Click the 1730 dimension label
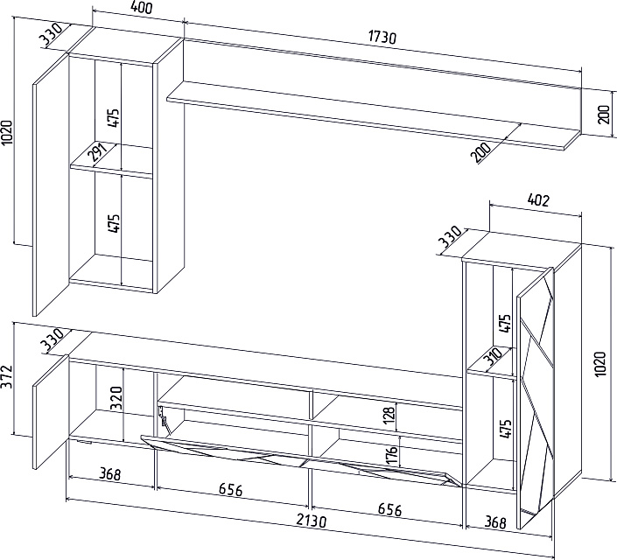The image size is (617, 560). pyautogui.click(x=382, y=37)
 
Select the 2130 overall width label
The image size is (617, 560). pyautogui.click(x=312, y=521)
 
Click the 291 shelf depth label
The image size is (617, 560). pyautogui.click(x=98, y=153)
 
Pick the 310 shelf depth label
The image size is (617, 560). pyautogui.click(x=494, y=356)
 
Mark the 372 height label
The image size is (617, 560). pyautogui.click(x=6, y=376)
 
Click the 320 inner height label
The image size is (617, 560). pyautogui.click(x=117, y=398)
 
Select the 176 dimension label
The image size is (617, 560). pyautogui.click(x=391, y=454)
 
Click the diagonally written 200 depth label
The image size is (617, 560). pyautogui.click(x=480, y=153)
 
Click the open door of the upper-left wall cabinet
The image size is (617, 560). pyautogui.click(x=51, y=185)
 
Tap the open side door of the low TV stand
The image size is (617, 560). pyautogui.click(x=51, y=411)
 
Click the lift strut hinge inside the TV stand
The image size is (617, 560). pyautogui.click(x=163, y=421)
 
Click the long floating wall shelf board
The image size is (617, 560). pyautogui.click(x=374, y=116)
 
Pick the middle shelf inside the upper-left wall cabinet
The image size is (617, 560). pyautogui.click(x=111, y=161)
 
